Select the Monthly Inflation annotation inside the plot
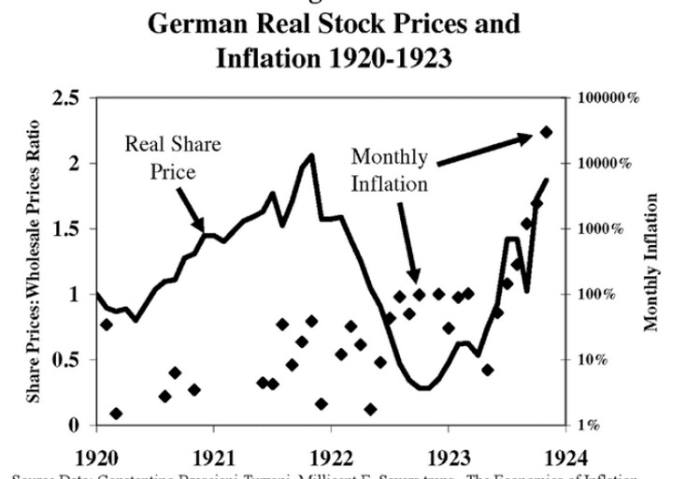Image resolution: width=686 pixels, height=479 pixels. [390, 169]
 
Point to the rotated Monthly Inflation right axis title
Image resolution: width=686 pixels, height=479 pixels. [651, 262]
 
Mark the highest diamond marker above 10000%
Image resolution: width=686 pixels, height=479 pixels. [547, 133]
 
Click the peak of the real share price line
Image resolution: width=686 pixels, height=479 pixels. [311, 155]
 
